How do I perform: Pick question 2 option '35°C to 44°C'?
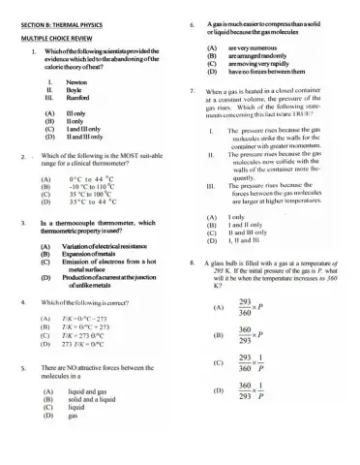tap(93, 202)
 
